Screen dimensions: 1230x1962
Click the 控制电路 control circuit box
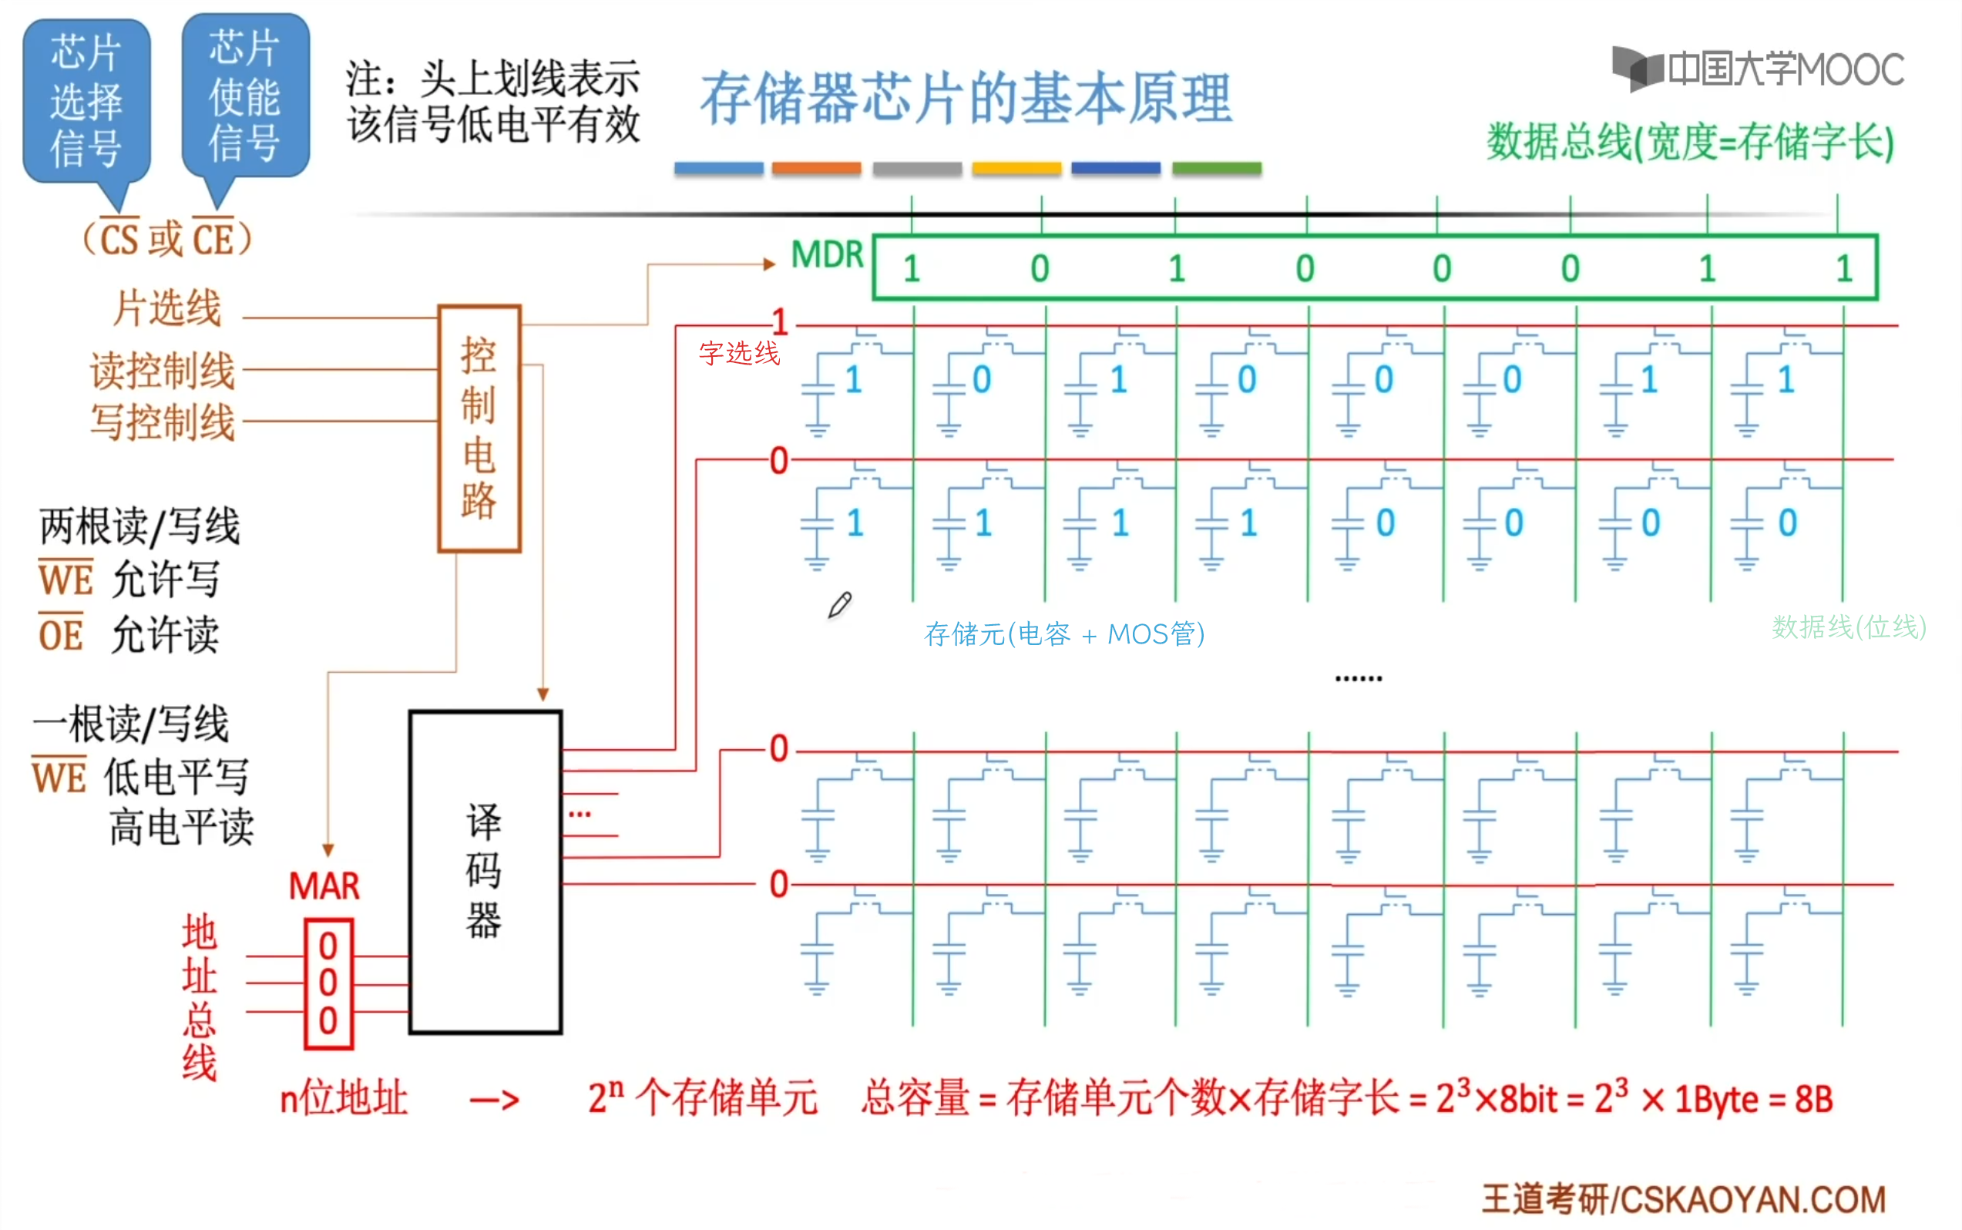479,428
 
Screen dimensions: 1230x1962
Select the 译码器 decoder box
485,872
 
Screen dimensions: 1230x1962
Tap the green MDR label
826,255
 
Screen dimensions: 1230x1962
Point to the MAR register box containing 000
328,983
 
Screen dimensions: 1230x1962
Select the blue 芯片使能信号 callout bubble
245,96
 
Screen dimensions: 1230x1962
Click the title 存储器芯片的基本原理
966,99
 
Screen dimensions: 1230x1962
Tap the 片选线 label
166,309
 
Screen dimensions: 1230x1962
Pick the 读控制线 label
162,371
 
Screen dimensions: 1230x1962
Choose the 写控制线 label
162,422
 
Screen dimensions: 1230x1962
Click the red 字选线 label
738,353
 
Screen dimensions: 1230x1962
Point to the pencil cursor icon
839,605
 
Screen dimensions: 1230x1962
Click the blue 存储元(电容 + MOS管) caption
1064,633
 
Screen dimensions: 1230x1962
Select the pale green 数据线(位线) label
1848,627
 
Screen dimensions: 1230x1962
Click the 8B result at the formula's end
1813,1099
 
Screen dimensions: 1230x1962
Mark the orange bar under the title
816,168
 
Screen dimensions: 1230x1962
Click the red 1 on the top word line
780,323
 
